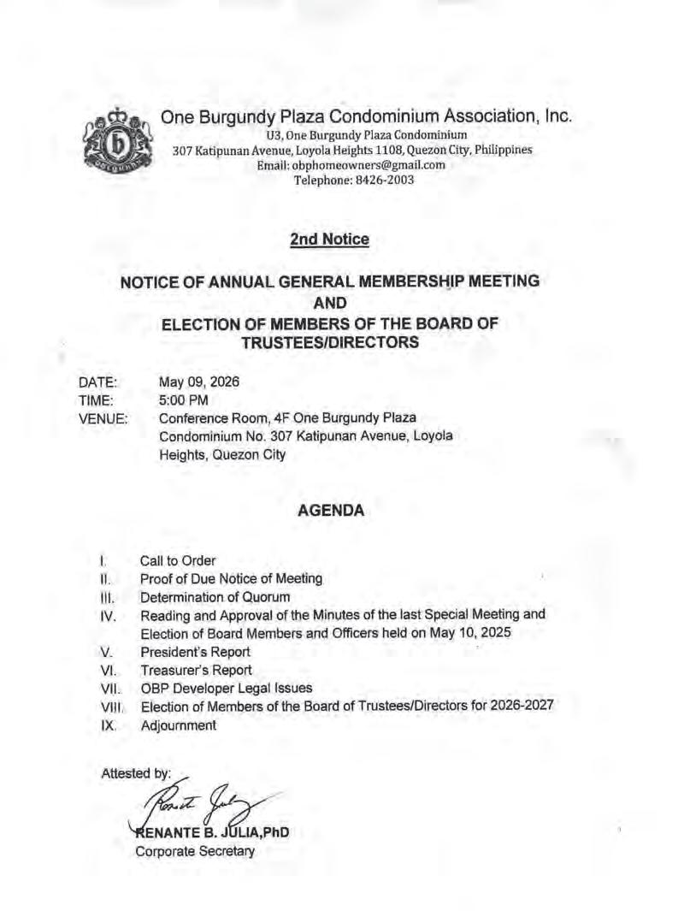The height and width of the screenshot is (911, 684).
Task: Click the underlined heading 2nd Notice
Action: (329, 240)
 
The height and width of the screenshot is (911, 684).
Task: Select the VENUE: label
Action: (103, 419)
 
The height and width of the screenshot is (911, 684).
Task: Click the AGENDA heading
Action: (330, 511)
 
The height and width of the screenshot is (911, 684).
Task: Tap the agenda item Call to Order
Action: (178, 561)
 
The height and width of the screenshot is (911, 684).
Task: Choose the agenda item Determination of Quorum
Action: (215, 597)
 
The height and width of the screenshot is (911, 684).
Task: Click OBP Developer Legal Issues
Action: (227, 689)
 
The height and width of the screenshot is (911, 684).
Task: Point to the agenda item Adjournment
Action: (179, 725)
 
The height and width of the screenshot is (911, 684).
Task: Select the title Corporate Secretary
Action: (195, 851)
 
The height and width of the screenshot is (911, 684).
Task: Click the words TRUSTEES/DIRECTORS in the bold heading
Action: (329, 342)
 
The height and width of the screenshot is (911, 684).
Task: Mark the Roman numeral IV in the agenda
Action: (107, 615)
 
